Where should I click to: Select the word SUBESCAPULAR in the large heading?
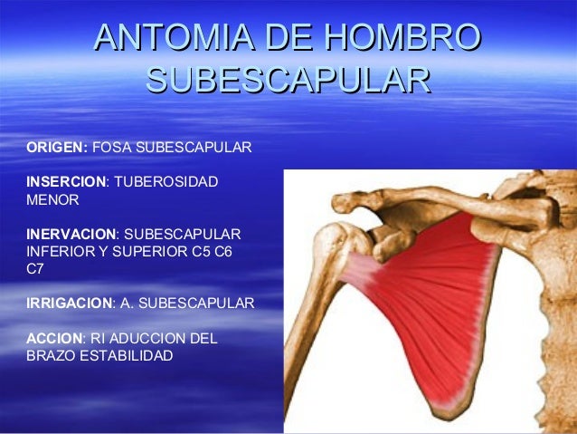click(288, 80)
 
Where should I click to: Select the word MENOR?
click(53, 198)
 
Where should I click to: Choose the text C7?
click(37, 268)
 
